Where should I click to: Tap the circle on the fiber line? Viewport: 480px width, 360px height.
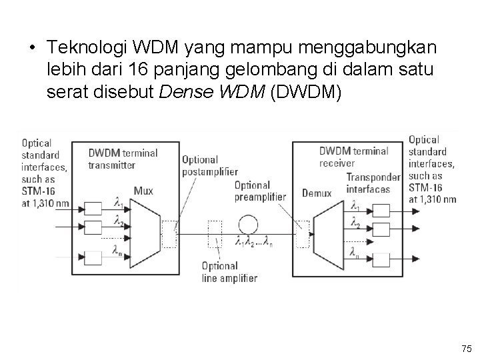click(x=248, y=223)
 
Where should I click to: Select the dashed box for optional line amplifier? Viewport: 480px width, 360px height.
click(x=215, y=233)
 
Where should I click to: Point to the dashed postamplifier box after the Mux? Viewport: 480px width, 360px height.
click(x=170, y=233)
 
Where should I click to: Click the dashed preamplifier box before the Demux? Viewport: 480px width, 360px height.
click(x=305, y=233)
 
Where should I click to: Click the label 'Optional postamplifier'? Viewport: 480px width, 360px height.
click(x=200, y=165)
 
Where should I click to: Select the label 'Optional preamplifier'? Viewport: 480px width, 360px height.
click(x=260, y=191)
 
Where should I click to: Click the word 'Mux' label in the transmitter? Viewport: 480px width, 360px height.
click(x=143, y=191)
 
